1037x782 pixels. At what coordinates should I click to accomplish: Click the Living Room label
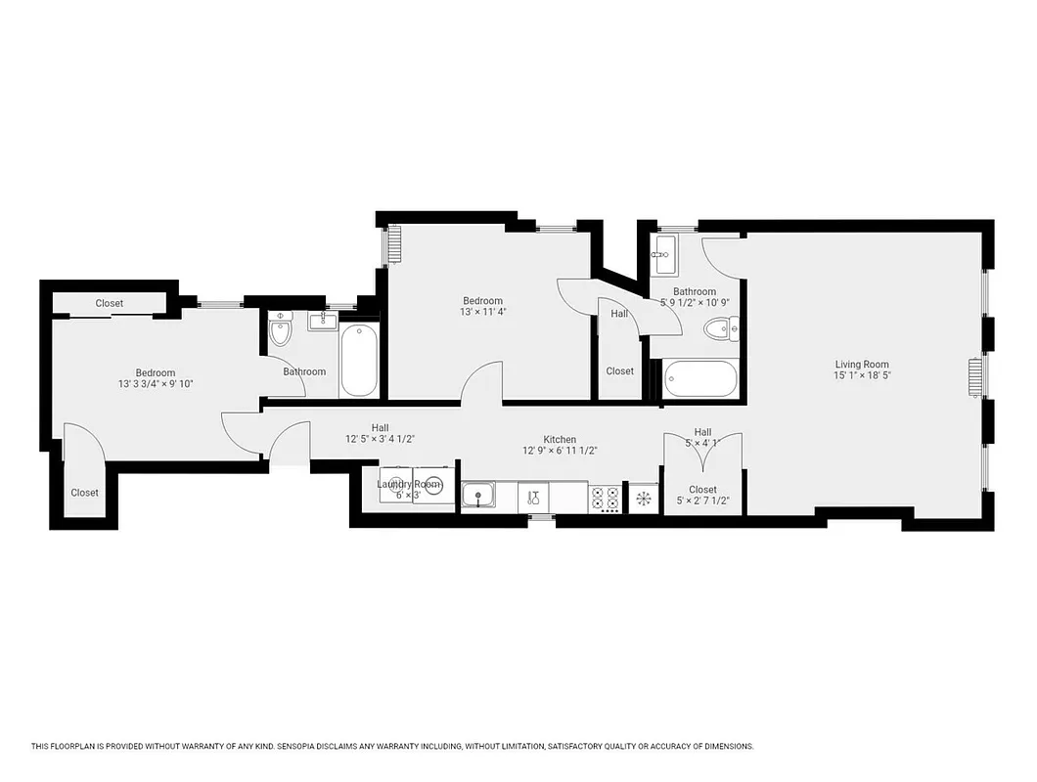coord(861,365)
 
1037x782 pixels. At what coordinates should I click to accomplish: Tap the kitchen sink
coord(478,497)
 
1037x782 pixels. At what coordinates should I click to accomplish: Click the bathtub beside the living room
coord(699,378)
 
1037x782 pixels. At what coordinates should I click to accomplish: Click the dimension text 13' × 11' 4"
coord(482,313)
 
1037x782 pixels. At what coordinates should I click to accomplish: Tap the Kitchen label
coord(560,439)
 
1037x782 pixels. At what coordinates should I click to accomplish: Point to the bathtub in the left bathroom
coord(359,360)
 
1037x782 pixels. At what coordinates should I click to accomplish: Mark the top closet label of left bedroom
coord(110,303)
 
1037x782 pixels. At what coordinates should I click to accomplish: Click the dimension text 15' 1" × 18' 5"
coord(861,376)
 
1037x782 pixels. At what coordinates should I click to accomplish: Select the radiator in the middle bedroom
coord(395,244)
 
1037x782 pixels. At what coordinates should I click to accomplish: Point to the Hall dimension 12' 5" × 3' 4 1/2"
coord(380,440)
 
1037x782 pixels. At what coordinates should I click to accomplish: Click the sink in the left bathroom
coord(322,320)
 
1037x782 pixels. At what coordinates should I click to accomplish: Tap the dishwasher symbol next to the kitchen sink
coord(534,498)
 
